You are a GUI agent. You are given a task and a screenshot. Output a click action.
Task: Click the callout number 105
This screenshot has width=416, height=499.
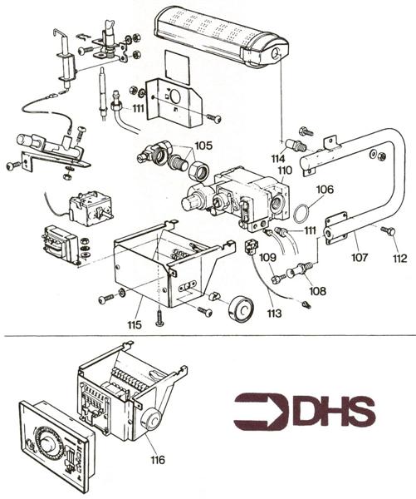click(203, 143)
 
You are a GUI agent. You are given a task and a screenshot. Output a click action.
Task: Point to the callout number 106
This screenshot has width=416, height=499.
click(324, 190)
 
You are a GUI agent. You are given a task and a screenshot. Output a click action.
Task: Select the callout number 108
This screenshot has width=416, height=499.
click(317, 291)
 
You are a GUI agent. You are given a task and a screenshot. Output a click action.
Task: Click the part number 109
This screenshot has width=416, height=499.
click(267, 259)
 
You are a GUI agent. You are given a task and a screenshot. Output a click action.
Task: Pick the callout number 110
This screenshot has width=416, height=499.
click(285, 170)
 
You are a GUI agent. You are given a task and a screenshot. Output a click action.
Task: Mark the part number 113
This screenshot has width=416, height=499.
click(275, 314)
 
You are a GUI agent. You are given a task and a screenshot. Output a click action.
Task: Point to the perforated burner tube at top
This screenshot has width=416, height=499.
click(220, 33)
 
